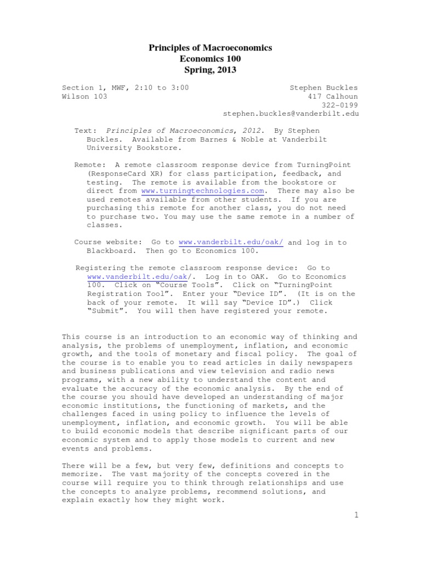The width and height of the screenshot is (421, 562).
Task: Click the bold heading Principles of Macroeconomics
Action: pos(210,48)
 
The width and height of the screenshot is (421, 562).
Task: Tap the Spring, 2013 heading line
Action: pos(210,70)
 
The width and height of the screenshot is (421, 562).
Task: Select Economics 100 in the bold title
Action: pos(210,59)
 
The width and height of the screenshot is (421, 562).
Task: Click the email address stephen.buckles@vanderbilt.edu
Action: pos(290,114)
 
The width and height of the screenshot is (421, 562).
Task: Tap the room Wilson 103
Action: pos(84,96)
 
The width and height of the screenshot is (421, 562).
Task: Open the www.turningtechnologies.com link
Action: pos(203,190)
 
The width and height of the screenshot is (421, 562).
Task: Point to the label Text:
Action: pos(86,131)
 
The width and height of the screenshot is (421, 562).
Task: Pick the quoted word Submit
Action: pos(107,311)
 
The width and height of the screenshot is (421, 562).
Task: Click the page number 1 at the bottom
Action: pos(356,515)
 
